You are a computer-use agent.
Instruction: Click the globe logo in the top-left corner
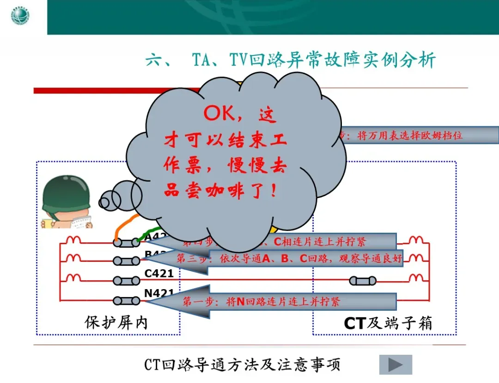coord(20,17)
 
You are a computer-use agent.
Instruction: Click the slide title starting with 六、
coord(291,61)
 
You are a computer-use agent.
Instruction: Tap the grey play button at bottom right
coord(396,365)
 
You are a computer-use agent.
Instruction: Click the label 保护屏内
coord(116,322)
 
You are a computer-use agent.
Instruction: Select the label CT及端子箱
coord(388,323)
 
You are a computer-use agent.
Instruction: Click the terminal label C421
coord(159,273)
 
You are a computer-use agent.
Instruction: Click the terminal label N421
coord(159,293)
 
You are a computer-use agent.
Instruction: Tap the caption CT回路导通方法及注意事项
coord(242,365)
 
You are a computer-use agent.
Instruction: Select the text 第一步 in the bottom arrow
coord(197,302)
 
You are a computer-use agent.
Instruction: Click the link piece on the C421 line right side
coord(363,281)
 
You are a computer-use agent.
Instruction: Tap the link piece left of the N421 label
coord(126,301)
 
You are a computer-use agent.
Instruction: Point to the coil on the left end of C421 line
coord(73,278)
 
